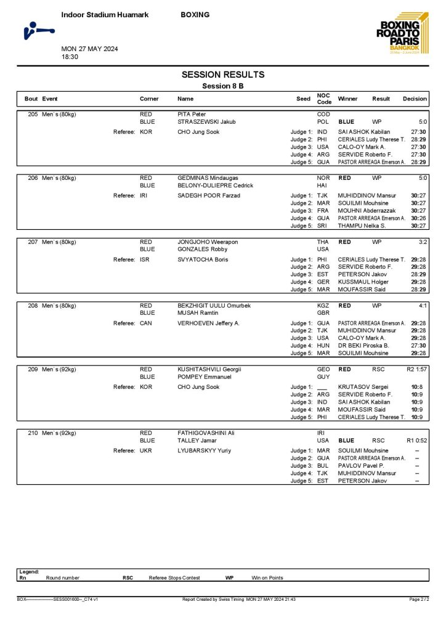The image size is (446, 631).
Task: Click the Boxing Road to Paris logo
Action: [x=400, y=35]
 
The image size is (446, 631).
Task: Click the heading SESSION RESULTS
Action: [x=222, y=75]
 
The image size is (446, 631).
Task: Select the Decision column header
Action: [x=415, y=99]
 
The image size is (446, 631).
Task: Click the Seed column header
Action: [x=303, y=99]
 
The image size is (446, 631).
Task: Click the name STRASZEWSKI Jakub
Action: [x=203, y=122]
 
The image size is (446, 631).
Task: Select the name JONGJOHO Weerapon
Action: [x=205, y=242]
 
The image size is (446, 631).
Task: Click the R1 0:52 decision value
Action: [x=416, y=441]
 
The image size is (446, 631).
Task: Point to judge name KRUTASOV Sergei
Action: [x=363, y=387]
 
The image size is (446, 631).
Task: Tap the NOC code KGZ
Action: [x=323, y=306]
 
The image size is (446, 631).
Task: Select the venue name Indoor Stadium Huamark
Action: [x=105, y=15]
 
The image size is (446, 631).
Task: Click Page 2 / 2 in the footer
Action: [x=418, y=598]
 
